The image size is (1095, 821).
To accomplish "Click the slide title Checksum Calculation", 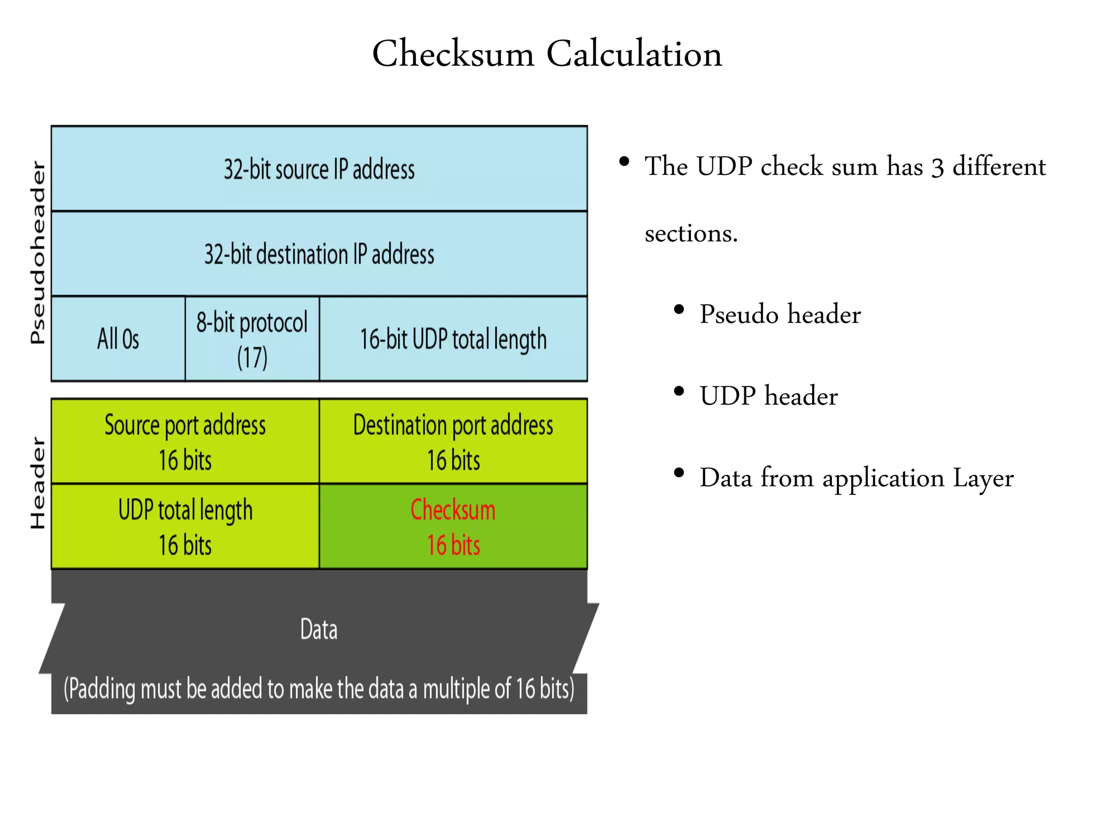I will pyautogui.click(x=547, y=54).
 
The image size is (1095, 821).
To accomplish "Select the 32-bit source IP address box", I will pyautogui.click(x=319, y=169).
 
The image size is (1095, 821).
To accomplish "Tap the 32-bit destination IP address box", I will pyautogui.click(x=319, y=254).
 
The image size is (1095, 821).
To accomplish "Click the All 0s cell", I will pyautogui.click(x=118, y=339).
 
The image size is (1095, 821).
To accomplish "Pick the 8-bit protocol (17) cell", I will pyautogui.click(x=252, y=339).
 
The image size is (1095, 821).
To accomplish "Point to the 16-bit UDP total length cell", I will pyautogui.click(x=453, y=339).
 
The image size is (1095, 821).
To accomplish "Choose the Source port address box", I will pyautogui.click(x=185, y=442).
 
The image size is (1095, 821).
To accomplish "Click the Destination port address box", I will pyautogui.click(x=453, y=442).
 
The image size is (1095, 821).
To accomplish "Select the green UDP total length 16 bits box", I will pyautogui.click(x=185, y=526).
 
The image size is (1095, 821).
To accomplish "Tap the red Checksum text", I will pyautogui.click(x=453, y=510).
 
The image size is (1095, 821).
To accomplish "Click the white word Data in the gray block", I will pyautogui.click(x=319, y=629).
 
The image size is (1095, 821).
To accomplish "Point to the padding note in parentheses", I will pyautogui.click(x=319, y=688).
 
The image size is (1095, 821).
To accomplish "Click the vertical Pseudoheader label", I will pyautogui.click(x=37, y=252).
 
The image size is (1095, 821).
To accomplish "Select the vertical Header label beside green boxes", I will pyautogui.click(x=37, y=483).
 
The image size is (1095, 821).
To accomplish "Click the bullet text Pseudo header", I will pyautogui.click(x=780, y=314).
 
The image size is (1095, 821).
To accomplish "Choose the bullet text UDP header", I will pyautogui.click(x=768, y=396).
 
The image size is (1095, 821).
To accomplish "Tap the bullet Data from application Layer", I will pyautogui.click(x=856, y=478).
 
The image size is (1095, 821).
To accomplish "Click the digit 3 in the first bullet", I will pyautogui.click(x=937, y=168).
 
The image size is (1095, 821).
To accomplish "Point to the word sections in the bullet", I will pyautogui.click(x=691, y=234).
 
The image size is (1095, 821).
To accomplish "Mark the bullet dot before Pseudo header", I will pyautogui.click(x=679, y=309).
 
